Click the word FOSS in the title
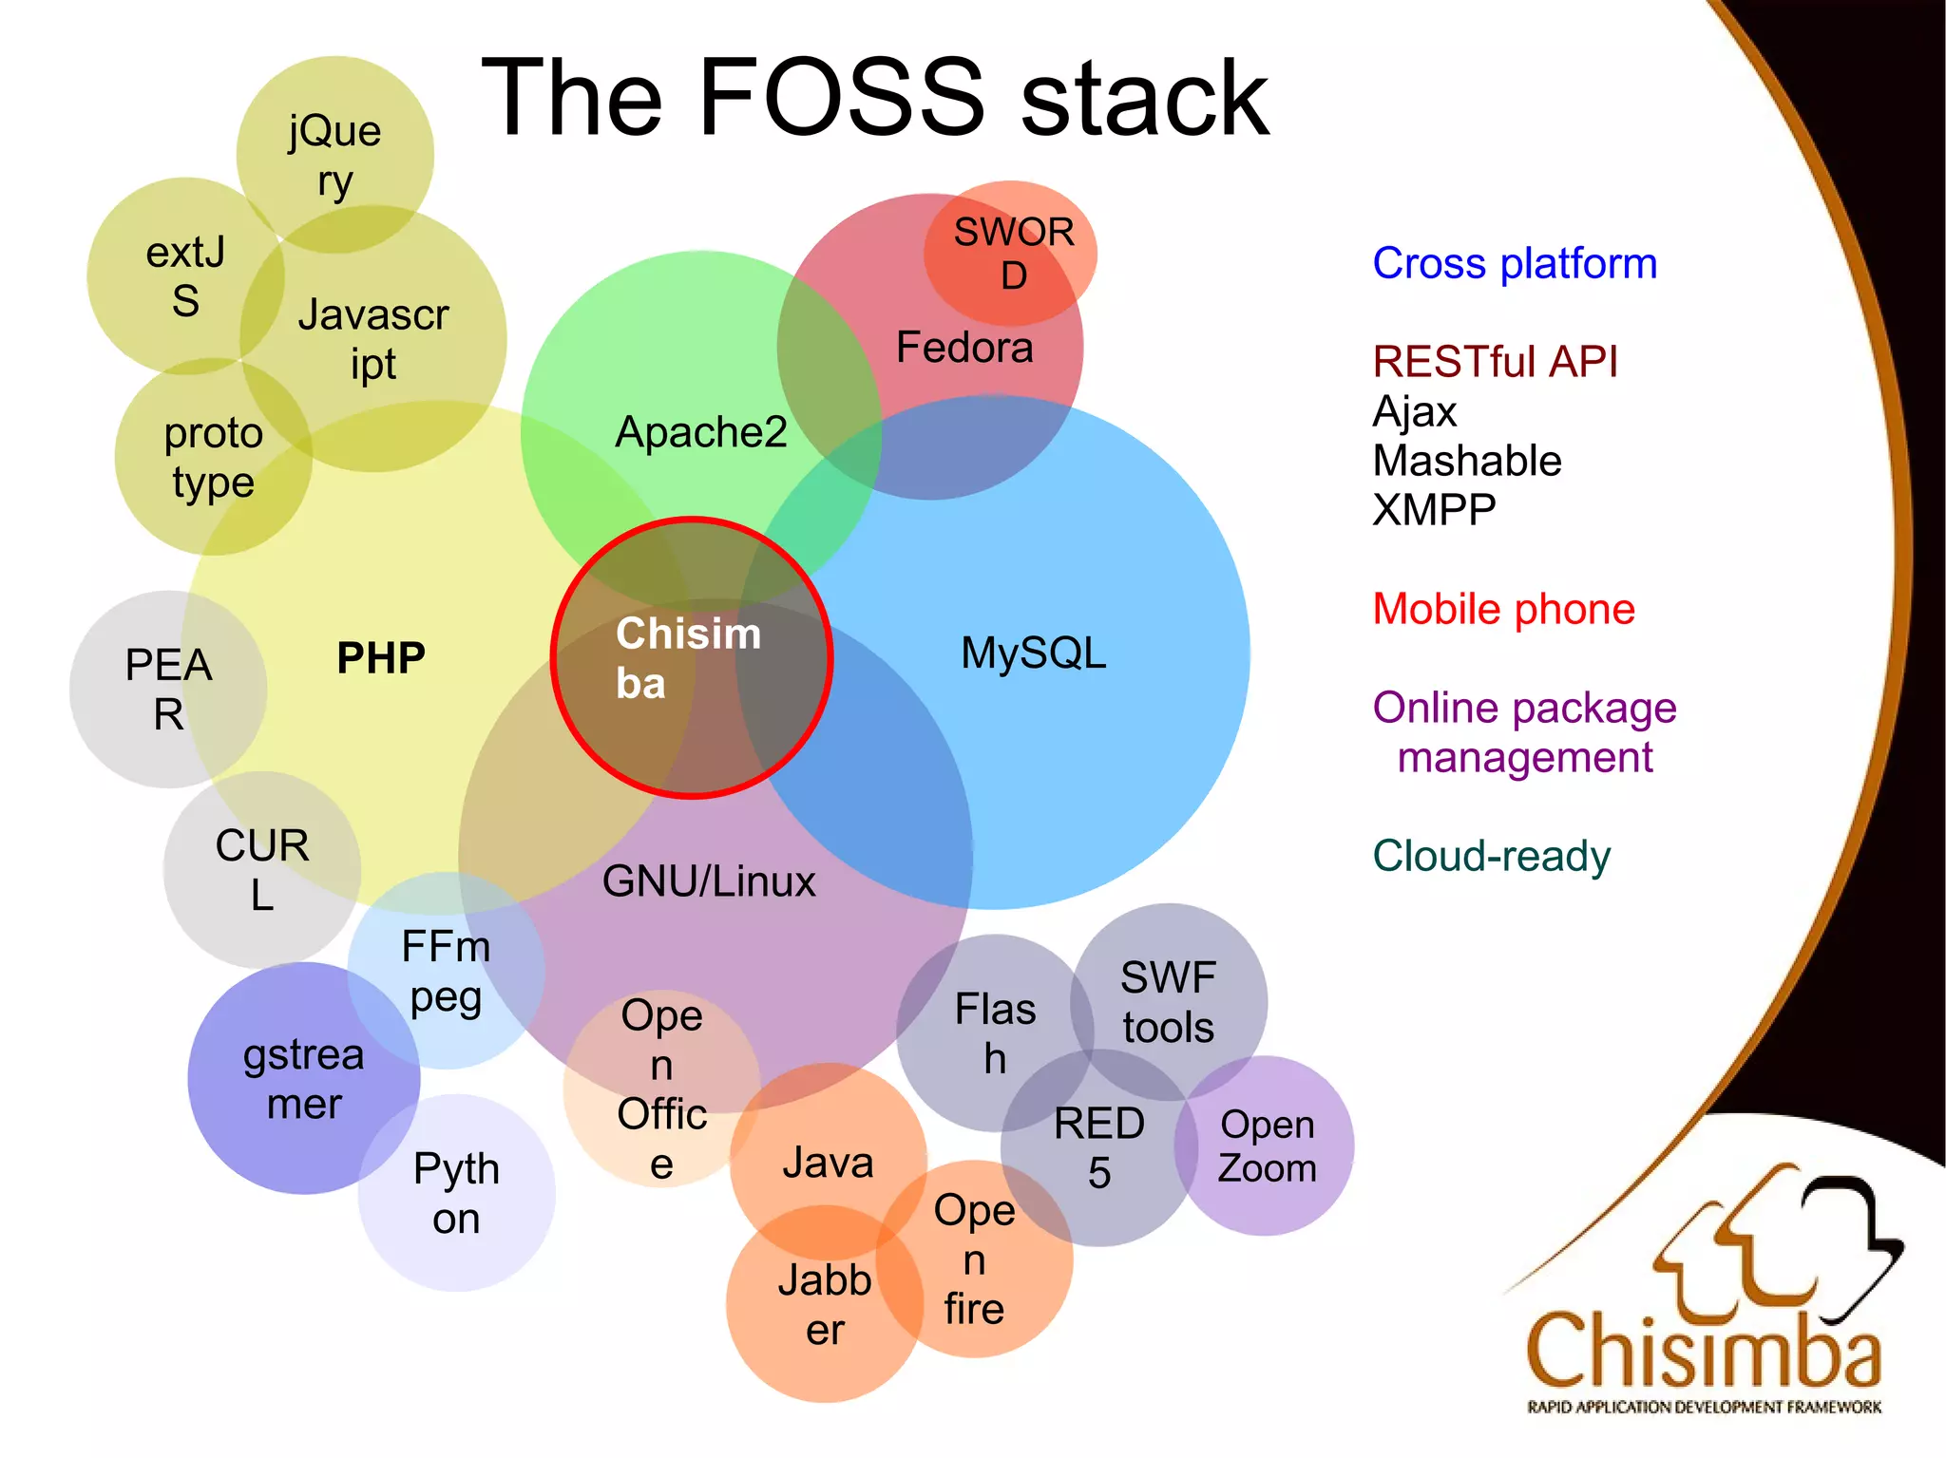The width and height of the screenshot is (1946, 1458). coord(842,98)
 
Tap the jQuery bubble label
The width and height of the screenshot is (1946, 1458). coord(334,156)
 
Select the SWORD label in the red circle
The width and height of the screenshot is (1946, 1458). coord(1013,254)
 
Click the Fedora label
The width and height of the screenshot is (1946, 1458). coord(964,348)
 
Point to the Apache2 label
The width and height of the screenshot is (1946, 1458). coord(701,432)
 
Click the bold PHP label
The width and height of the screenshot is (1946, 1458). coord(381,657)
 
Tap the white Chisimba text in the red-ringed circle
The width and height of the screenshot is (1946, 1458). coord(687,658)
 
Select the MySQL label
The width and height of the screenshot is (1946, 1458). coord(1034,653)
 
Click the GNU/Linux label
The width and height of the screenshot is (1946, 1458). coord(709,881)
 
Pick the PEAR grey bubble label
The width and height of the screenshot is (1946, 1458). coord(168,690)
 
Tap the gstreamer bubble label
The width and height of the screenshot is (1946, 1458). coord(303,1079)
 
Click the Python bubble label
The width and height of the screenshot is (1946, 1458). coord(456,1193)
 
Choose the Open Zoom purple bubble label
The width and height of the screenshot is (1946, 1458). coord(1267,1146)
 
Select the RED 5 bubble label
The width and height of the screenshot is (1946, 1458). coord(1099,1148)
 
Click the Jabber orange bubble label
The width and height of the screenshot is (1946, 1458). coord(825,1304)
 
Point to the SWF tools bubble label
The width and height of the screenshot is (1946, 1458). coord(1168,1002)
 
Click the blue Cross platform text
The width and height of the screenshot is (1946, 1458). coord(1515,263)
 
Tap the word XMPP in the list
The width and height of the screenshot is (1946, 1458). coord(1434,510)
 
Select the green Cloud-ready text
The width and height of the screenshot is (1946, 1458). coord(1491,856)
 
